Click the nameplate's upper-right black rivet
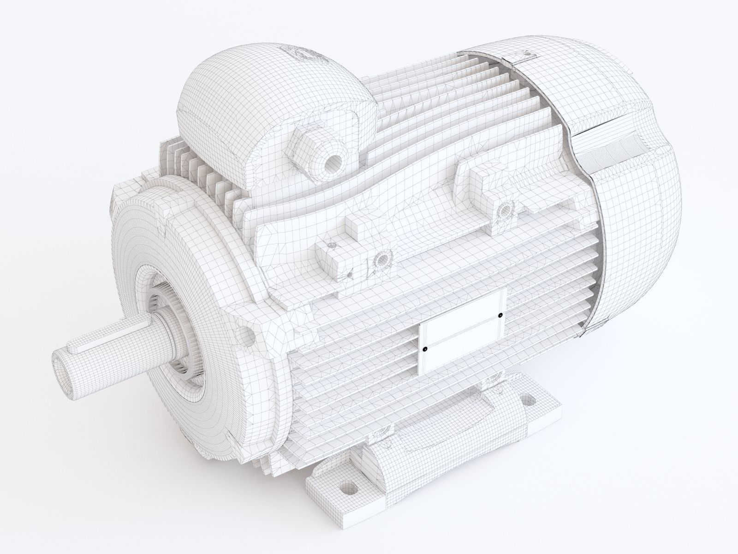pos(500,316)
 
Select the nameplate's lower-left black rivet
pos(425,349)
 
